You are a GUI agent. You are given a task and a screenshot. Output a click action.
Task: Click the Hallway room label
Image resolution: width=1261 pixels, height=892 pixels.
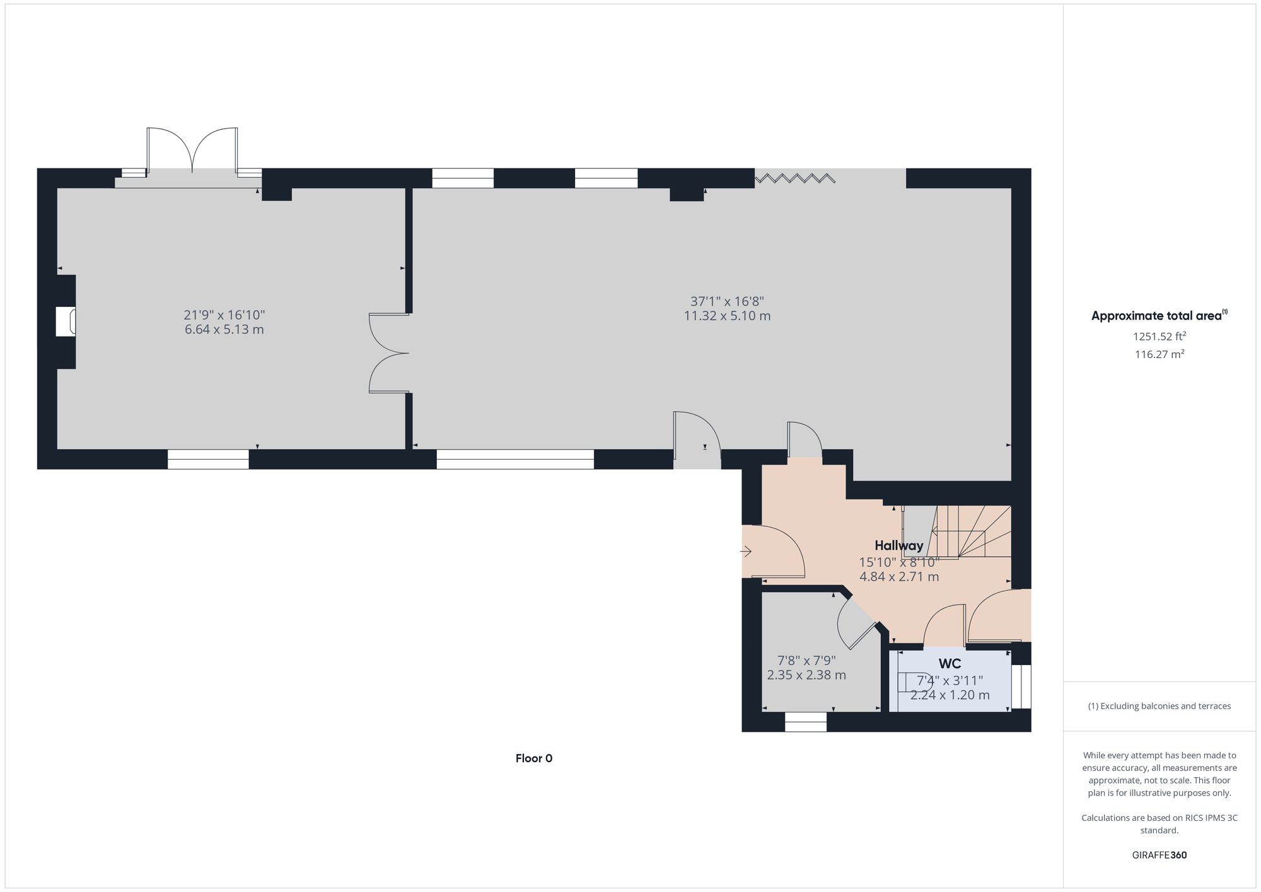tap(898, 546)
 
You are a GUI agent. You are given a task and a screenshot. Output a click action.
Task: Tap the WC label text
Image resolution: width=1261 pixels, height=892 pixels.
tap(950, 664)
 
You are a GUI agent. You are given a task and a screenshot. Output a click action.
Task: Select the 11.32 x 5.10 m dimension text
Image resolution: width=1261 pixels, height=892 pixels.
tap(727, 316)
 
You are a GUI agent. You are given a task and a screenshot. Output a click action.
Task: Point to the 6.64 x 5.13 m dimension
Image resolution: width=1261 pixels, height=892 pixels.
tap(224, 330)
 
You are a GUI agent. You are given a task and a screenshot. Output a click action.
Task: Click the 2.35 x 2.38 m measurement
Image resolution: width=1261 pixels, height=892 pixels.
tap(806, 675)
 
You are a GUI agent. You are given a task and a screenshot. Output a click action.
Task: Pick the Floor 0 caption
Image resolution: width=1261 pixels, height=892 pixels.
tap(533, 758)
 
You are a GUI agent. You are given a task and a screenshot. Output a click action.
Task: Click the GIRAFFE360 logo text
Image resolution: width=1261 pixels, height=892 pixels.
tap(1159, 855)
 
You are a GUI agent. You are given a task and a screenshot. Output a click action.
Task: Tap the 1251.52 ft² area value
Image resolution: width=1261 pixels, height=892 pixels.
tap(1159, 337)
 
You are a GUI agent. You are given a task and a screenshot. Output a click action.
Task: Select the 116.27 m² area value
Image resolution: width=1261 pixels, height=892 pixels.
tap(1159, 355)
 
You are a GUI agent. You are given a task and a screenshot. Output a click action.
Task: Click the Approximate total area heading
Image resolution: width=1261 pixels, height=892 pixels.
tap(1159, 316)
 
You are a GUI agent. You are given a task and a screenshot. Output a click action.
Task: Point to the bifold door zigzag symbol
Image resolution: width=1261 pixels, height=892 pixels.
tap(795, 178)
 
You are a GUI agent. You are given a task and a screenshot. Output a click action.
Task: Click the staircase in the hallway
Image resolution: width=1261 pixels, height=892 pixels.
tap(971, 533)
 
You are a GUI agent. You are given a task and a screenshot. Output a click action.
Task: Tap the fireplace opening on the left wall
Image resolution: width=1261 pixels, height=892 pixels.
tap(66, 321)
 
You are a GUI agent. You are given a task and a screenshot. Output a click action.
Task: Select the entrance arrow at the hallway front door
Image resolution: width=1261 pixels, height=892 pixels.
tap(746, 552)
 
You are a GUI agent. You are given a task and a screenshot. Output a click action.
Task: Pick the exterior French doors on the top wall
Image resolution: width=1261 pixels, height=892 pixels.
tap(192, 151)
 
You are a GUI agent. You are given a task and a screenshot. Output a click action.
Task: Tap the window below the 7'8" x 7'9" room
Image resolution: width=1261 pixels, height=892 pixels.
tap(805, 722)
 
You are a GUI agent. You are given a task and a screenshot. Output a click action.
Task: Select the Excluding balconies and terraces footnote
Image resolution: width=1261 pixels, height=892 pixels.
tap(1159, 706)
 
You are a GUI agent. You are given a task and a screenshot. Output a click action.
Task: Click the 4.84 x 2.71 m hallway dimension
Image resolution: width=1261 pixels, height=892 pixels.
tap(898, 577)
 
